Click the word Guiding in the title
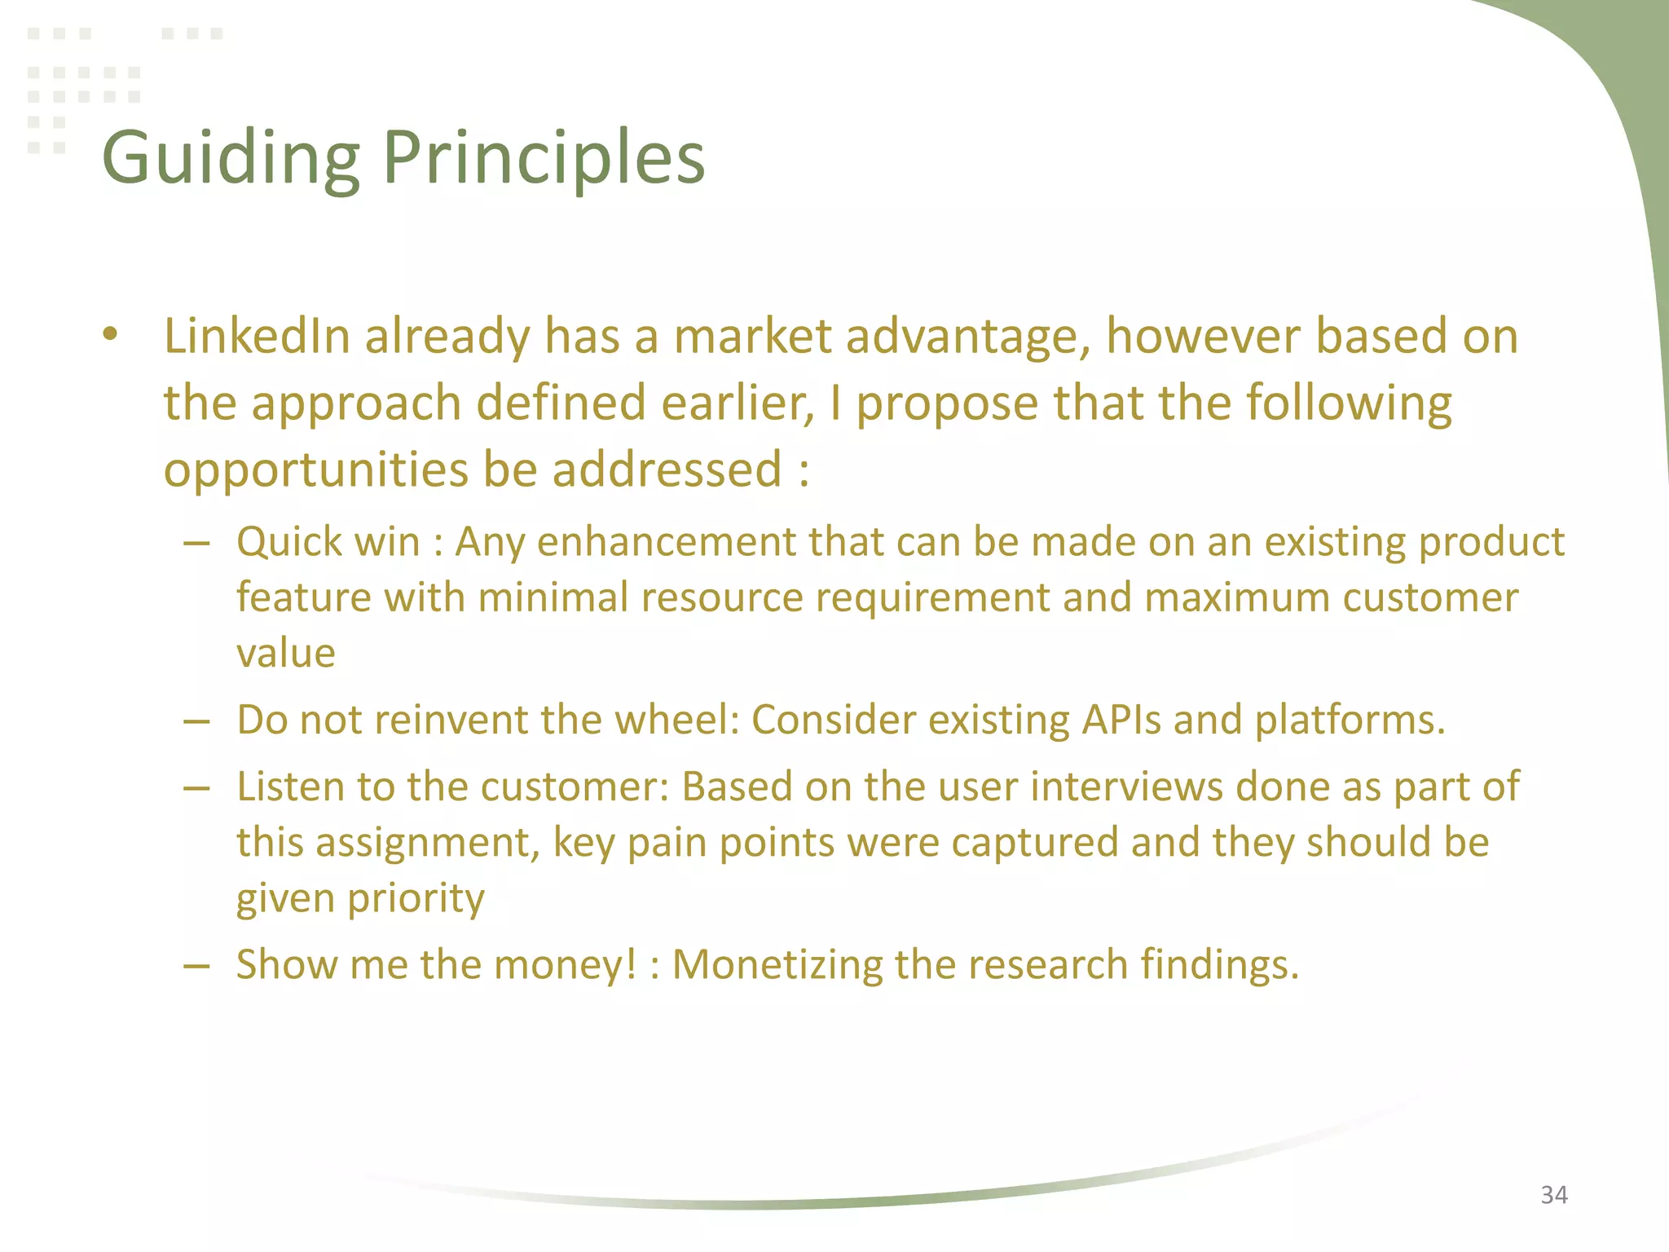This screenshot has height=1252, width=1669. (231, 158)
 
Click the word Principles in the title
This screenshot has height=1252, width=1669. (544, 158)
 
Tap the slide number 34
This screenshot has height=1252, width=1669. (1554, 1195)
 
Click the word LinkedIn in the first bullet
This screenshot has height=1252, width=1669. (257, 336)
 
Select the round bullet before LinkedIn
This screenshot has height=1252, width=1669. (111, 334)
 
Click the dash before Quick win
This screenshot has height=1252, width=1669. (197, 543)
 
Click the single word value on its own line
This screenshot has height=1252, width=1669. (285, 653)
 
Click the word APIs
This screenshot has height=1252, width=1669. (1121, 720)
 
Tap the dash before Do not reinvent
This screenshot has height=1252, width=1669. (197, 721)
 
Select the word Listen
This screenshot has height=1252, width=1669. (289, 787)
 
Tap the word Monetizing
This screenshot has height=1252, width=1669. (777, 965)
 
